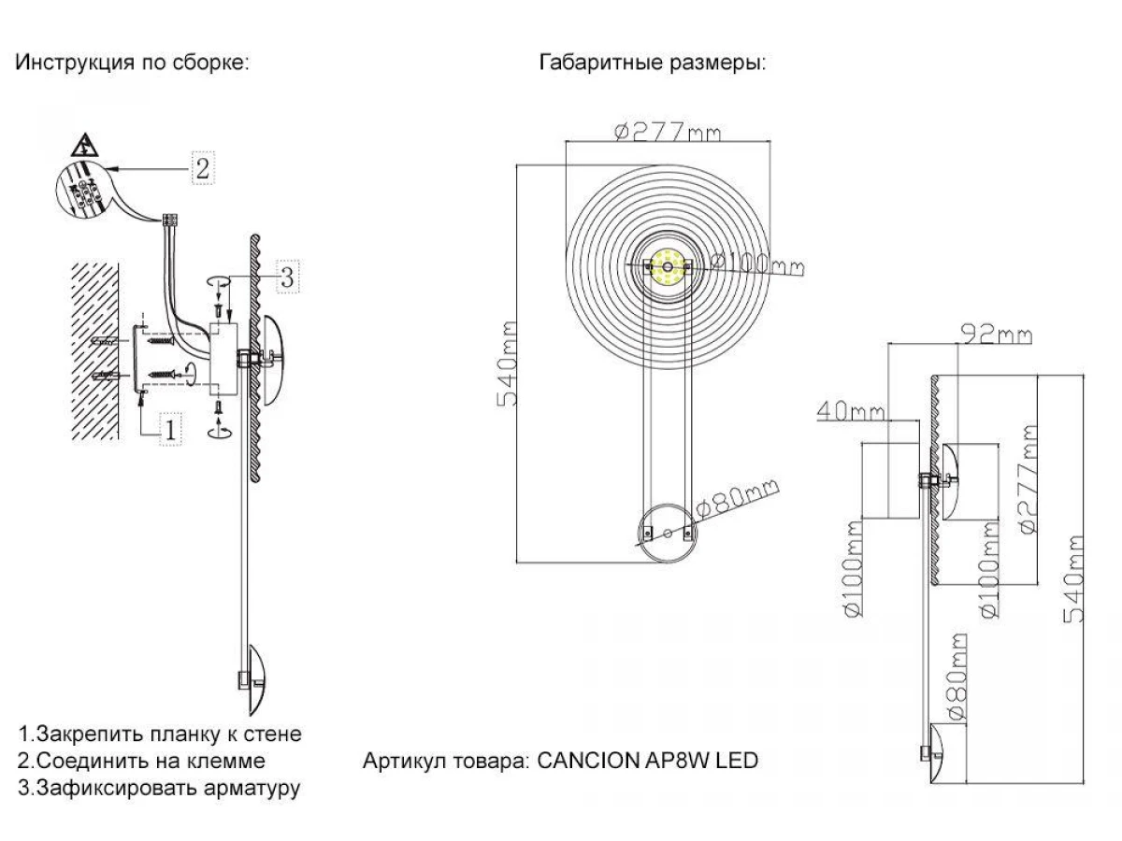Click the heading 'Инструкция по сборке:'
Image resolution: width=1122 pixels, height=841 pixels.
point(131,64)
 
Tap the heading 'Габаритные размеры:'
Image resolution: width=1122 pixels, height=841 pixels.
point(653,64)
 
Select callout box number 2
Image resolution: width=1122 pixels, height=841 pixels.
point(203,167)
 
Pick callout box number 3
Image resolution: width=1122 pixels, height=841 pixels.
point(287,276)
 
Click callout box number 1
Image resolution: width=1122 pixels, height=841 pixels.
point(170,429)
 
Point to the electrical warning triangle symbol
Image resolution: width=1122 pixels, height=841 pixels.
point(85,146)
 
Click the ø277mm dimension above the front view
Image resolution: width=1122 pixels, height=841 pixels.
point(669,132)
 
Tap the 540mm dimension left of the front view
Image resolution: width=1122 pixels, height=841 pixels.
point(511,364)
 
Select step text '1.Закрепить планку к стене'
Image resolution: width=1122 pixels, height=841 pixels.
point(160,734)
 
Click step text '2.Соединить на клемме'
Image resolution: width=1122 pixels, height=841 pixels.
point(141,761)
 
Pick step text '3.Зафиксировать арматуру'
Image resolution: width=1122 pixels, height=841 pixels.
point(159,788)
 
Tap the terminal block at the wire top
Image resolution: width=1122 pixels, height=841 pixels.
point(170,221)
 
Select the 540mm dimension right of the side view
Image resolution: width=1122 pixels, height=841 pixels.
point(1075,579)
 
